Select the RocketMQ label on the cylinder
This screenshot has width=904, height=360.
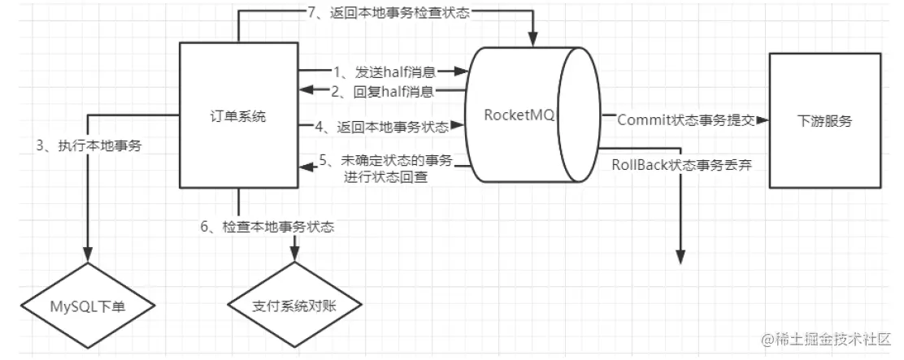[519, 115]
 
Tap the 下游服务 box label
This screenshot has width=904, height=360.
[825, 121]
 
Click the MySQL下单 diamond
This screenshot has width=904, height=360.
[88, 306]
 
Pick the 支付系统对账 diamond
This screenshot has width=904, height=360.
[294, 306]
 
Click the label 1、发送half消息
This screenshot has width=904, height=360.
[384, 72]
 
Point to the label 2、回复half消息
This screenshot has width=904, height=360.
[384, 91]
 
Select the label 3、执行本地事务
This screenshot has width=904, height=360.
[89, 146]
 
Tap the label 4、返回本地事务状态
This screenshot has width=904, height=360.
[381, 126]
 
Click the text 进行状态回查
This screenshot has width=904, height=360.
[385, 177]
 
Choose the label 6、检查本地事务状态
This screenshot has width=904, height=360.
[267, 227]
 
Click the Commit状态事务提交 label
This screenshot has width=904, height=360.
[686, 120]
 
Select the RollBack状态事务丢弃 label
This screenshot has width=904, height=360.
[681, 165]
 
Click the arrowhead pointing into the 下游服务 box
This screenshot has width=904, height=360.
[763, 119]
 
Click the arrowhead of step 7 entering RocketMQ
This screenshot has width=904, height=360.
[533, 38]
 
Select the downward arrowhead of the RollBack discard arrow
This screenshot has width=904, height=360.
[681, 257]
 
